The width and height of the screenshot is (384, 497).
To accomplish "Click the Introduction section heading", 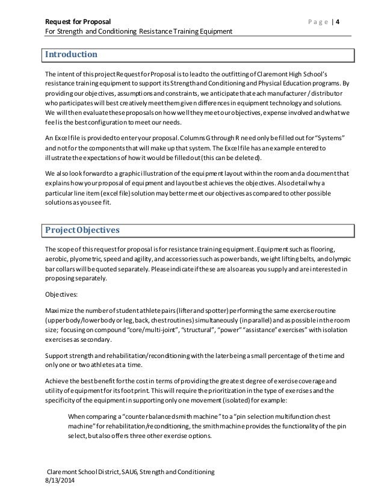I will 72,55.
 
